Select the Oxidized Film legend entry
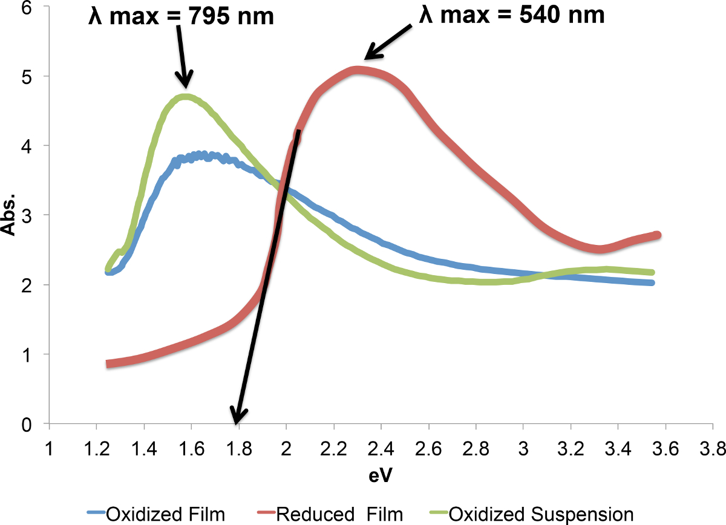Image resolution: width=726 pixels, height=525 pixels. click(x=165, y=514)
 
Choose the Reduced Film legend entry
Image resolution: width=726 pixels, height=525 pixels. click(x=339, y=514)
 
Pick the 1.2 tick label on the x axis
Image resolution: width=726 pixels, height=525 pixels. click(x=96, y=448)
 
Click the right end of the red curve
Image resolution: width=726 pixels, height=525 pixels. click(x=657, y=235)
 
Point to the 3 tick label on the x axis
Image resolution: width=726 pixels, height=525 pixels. click(x=523, y=448)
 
